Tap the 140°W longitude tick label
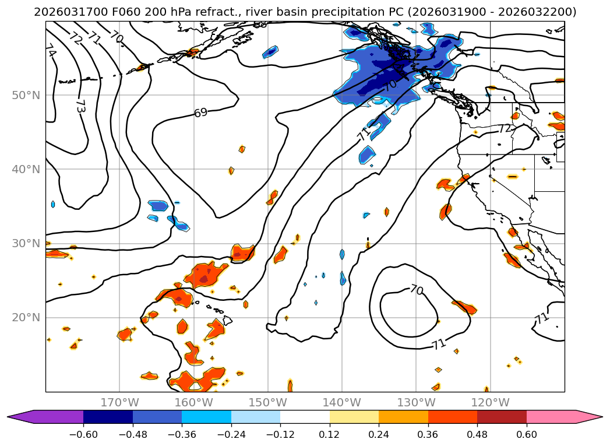(342, 402)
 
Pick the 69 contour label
(200, 113)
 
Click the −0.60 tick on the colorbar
(83, 434)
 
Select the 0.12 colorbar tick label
(329, 434)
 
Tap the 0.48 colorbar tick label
(477, 434)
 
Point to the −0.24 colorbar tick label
(231, 434)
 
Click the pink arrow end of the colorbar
(594, 416)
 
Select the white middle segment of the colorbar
(305, 416)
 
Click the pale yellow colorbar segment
(354, 416)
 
